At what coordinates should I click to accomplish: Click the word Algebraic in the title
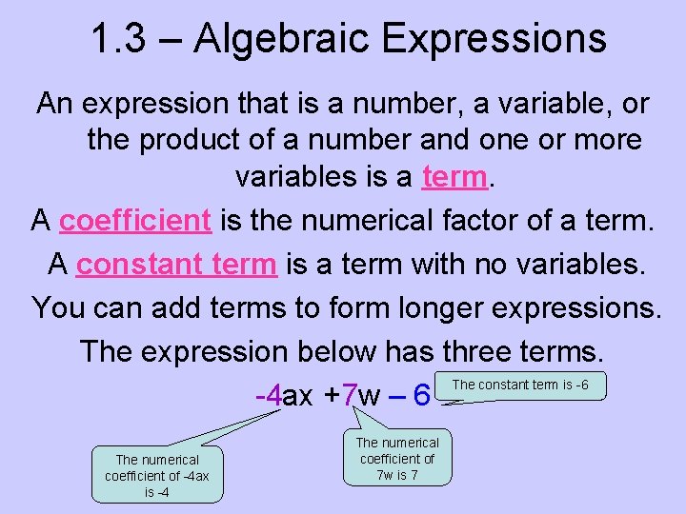coord(275,39)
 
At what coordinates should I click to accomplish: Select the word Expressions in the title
coord(494,39)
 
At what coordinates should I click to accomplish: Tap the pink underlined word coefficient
coord(134,221)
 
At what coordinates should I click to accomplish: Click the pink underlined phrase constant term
coord(176,264)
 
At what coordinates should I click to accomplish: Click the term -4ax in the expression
coord(284,395)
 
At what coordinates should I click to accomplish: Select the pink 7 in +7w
coord(350,395)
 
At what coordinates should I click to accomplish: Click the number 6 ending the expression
coord(422,394)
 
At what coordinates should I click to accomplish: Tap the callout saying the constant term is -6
coord(519,385)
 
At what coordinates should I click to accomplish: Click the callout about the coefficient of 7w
coord(397,458)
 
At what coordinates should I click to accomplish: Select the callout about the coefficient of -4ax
coord(157,475)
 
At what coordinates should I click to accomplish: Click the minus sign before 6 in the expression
coord(394,395)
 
